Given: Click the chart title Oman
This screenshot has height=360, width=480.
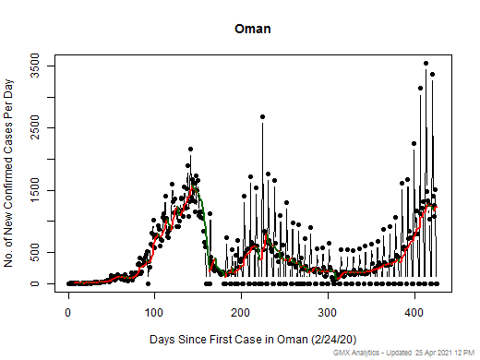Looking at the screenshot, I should tap(252, 29).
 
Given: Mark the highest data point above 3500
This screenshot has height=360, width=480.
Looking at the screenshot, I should tap(426, 64).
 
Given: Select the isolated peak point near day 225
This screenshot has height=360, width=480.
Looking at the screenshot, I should tap(263, 117).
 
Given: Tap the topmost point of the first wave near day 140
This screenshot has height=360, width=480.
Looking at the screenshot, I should tap(190, 149).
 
